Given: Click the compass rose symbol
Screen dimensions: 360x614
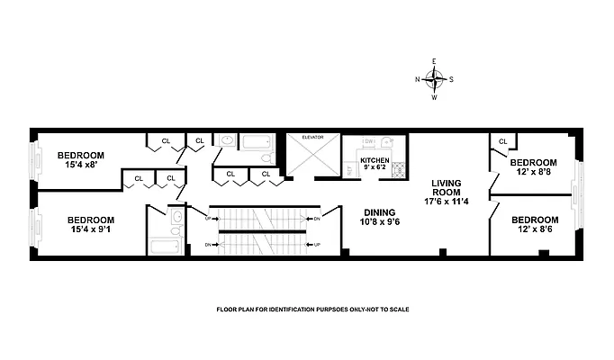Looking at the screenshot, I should pos(434,78).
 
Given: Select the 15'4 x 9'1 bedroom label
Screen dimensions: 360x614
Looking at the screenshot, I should pos(90,225).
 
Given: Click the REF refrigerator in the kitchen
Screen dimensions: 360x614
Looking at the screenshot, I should pos(348,169).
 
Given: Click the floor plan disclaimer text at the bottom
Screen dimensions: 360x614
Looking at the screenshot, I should pos(312,309).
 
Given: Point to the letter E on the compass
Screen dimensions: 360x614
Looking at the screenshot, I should pos(434,61).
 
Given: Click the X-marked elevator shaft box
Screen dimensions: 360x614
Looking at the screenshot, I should pos(312,157).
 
